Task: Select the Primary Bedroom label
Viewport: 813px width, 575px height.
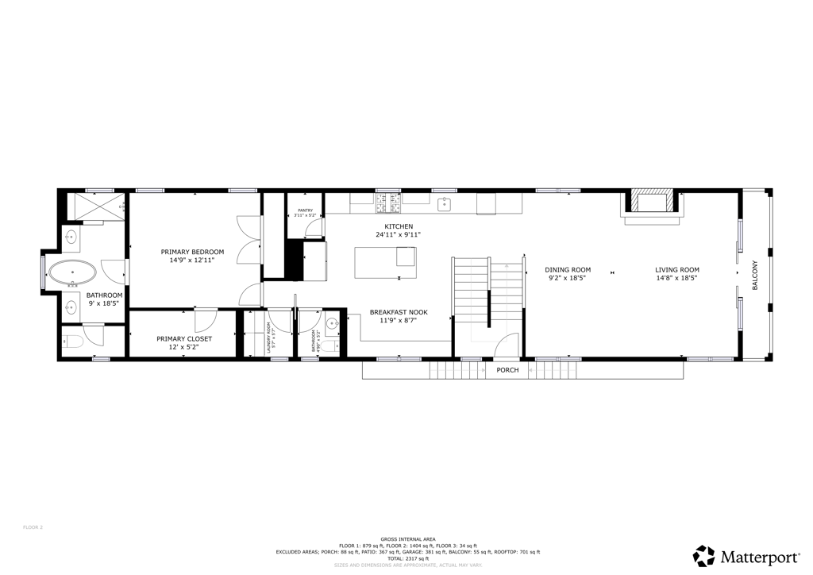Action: click(192, 252)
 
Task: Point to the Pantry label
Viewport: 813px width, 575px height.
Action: click(305, 210)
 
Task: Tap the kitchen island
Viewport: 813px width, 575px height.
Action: click(385, 262)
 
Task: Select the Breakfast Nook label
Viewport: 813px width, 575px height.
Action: click(399, 312)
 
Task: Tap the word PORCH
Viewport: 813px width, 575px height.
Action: click(507, 370)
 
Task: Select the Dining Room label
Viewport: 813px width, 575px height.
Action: click(569, 269)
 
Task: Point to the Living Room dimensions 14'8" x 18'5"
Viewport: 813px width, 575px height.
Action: click(676, 278)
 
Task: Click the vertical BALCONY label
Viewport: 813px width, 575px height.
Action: click(755, 274)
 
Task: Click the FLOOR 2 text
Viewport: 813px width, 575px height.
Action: click(33, 527)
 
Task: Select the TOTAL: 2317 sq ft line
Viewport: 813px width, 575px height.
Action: click(408, 558)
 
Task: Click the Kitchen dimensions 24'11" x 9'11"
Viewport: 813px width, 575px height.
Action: click(398, 234)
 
